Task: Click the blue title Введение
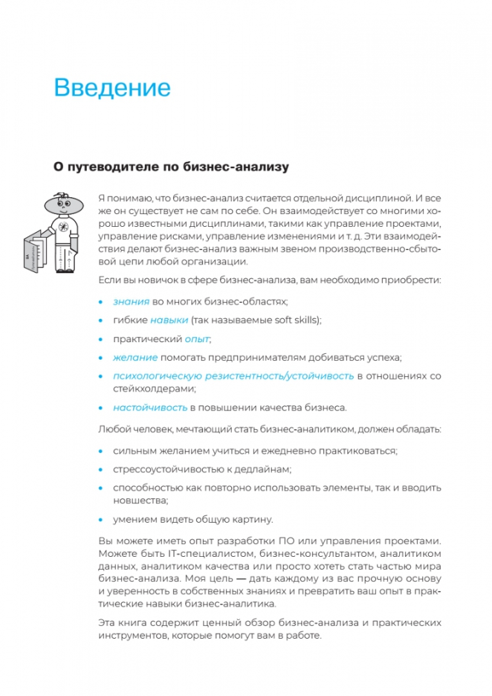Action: pyautogui.click(x=112, y=88)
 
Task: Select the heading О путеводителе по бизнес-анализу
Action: pyautogui.click(x=171, y=167)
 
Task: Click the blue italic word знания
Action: pyautogui.click(x=131, y=301)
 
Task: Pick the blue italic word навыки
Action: pyautogui.click(x=169, y=320)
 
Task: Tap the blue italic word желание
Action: pyautogui.click(x=135, y=357)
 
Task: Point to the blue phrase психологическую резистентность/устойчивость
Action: pyautogui.click(x=233, y=376)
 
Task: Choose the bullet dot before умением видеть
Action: pyautogui.click(x=100, y=519)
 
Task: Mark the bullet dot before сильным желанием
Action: pyautogui.click(x=100, y=450)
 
